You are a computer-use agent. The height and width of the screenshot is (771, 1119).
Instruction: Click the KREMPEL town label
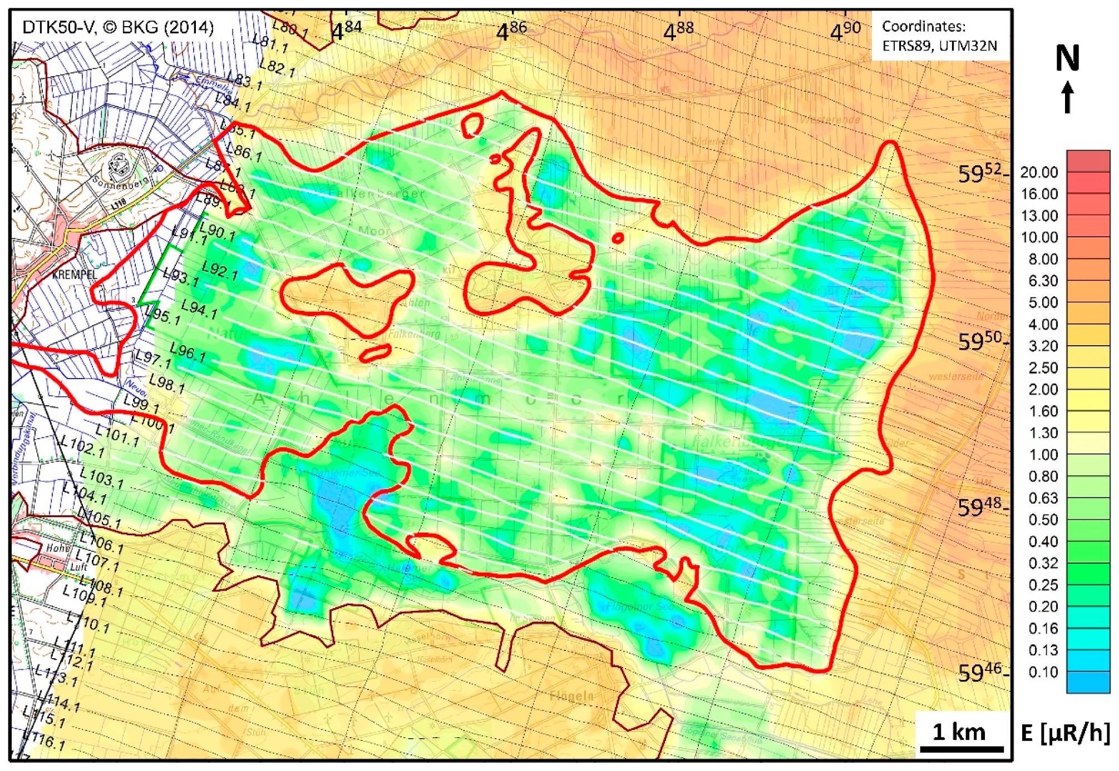[75, 275]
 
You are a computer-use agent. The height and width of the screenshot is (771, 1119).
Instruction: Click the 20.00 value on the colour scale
[1039, 172]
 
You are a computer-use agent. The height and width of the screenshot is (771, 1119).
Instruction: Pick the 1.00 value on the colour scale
[1043, 455]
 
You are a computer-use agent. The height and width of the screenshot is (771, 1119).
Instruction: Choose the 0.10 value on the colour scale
[1043, 672]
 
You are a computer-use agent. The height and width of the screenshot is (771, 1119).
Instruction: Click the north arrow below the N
[1067, 97]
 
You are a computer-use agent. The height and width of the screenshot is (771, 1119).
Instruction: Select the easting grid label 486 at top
[511, 31]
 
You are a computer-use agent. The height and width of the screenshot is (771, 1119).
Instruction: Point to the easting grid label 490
[845, 31]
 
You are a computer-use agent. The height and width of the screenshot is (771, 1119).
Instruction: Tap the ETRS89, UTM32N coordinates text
[940, 45]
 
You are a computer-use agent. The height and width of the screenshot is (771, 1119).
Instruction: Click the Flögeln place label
[571, 696]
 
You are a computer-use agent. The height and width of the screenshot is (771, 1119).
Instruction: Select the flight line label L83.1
[245, 81]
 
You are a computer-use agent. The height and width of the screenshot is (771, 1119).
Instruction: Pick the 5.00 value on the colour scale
[1043, 302]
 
